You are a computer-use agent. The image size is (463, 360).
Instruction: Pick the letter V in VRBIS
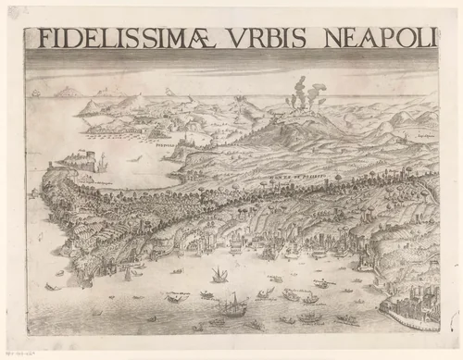click(x=238, y=38)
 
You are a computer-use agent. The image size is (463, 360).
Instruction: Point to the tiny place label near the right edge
click(x=424, y=135)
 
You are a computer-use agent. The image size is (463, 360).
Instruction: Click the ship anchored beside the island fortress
click(x=101, y=165)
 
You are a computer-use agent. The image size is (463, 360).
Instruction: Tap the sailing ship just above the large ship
click(x=219, y=275)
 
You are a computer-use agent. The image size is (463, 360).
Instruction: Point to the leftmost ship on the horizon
click(x=35, y=93)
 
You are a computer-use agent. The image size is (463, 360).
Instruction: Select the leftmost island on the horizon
click(x=66, y=92)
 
